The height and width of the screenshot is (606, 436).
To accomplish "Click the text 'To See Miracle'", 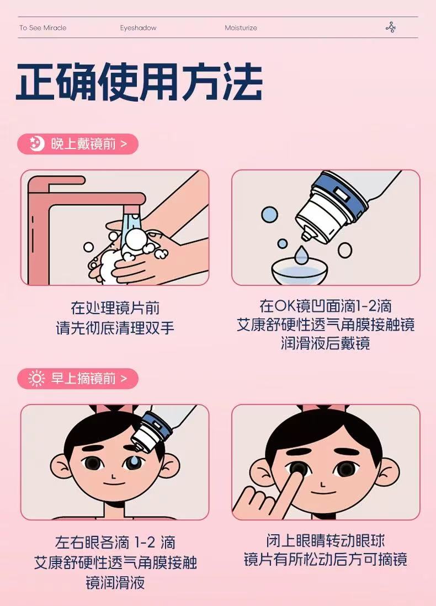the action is (43, 28).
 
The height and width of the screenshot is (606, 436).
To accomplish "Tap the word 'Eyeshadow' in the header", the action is (138, 28).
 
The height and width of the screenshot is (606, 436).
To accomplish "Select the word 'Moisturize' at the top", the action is (241, 28).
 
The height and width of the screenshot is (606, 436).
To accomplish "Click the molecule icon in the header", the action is (391, 28).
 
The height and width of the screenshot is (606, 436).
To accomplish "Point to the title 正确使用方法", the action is (140, 82).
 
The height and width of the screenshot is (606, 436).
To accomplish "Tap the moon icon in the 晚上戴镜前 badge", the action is (37, 143).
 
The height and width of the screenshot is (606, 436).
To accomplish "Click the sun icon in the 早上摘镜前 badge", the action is (37, 379).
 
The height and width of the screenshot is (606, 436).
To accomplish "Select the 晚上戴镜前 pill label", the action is (78, 143).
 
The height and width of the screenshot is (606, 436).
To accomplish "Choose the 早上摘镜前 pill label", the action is (78, 379).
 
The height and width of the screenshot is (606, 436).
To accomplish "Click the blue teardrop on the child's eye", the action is (133, 461).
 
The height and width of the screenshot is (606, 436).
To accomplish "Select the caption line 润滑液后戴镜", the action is (326, 343).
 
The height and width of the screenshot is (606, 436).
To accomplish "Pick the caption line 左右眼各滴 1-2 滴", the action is (115, 542).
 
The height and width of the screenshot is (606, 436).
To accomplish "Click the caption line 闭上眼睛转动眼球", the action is (326, 541).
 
